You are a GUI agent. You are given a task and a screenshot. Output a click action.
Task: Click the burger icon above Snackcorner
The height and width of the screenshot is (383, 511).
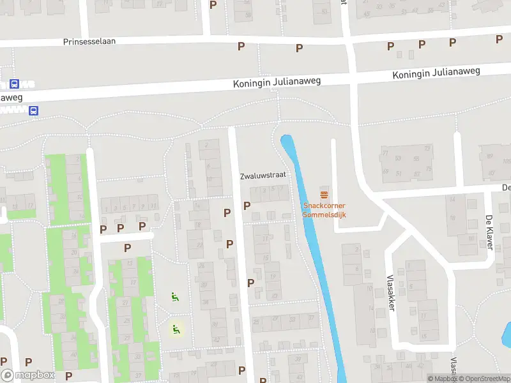click(324, 194)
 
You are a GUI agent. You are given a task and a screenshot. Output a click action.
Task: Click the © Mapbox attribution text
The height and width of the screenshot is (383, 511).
click(442, 379)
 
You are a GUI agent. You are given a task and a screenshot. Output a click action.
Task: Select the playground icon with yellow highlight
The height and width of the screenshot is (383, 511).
click(175, 329)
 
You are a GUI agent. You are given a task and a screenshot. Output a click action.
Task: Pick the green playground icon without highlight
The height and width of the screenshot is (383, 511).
click(174, 296)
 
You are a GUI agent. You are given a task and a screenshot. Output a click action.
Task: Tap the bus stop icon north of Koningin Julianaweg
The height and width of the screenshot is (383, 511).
click(13, 84)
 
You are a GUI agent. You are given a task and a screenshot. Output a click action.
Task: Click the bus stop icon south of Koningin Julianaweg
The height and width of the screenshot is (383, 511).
click(33, 110)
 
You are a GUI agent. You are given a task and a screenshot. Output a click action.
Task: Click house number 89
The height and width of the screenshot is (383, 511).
click(490, 155)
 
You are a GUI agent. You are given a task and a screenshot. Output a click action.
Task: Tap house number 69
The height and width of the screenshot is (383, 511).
click(385, 171)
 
